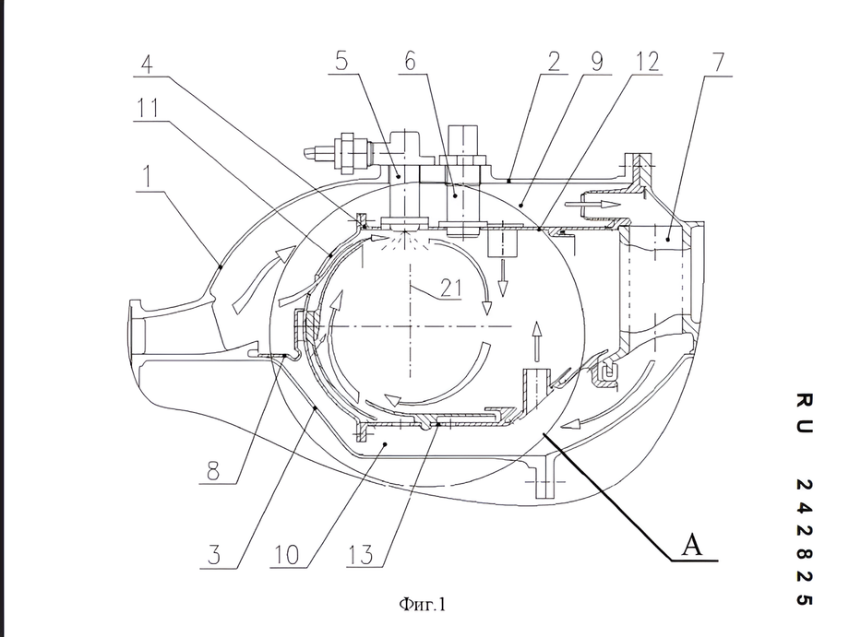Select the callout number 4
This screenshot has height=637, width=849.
[146, 64]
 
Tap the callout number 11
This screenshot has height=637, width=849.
[147, 108]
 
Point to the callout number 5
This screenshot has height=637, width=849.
[341, 60]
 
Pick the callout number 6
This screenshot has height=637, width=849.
[410, 61]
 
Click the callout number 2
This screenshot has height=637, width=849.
[554, 62]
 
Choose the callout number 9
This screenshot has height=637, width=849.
[596, 62]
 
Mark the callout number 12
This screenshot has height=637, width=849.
[647, 62]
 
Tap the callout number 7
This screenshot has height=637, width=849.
[718, 63]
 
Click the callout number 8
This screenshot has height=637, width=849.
[213, 471]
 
